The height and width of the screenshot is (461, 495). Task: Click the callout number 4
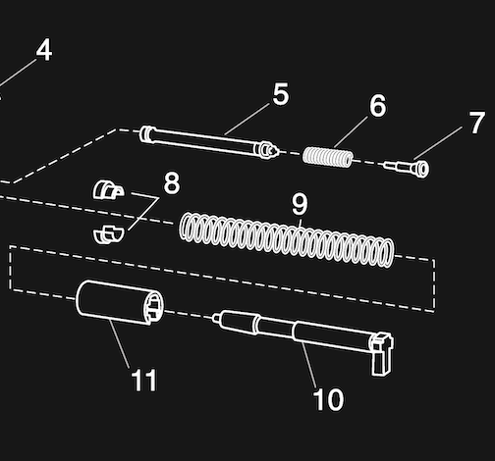[44, 50]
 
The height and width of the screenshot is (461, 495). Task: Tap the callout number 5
[281, 94]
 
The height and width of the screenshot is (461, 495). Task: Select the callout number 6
[378, 105]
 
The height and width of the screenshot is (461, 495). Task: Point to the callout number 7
[476, 123]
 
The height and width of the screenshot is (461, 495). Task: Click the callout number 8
[172, 183]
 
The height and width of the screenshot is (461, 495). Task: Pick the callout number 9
[300, 204]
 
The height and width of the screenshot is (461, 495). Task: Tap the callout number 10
[328, 399]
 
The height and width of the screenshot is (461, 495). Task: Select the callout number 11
[144, 380]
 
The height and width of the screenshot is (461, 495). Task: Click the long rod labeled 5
[209, 142]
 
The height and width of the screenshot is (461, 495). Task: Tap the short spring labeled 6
[328, 157]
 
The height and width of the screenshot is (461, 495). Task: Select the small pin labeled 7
[406, 167]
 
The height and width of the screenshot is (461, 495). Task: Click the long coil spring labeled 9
[287, 239]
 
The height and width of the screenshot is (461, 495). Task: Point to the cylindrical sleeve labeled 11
[120, 302]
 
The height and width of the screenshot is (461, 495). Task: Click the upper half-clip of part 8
[108, 189]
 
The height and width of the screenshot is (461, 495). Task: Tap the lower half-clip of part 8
[108, 234]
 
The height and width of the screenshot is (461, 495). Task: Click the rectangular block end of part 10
[382, 354]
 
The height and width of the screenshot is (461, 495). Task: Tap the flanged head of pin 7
[421, 169]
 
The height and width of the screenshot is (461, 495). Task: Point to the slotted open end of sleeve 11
[154, 307]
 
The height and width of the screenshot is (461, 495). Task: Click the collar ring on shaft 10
[257, 325]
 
